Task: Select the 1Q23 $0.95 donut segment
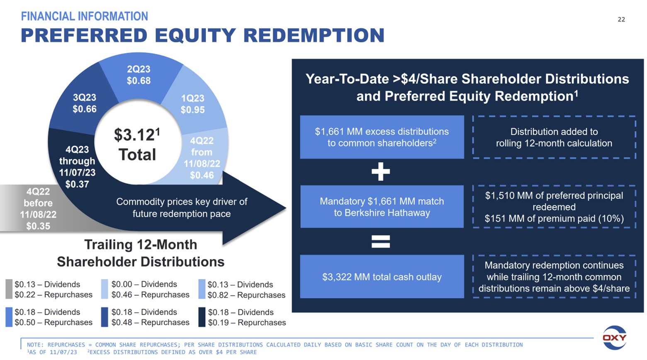point(192,104)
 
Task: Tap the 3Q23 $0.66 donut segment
point(84,103)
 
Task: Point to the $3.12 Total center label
point(137,145)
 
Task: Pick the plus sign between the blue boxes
point(381,172)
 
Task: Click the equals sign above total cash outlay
point(381,241)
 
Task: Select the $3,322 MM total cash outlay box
point(382,277)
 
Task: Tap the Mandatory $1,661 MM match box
point(382,207)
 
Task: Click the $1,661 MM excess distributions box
point(382,137)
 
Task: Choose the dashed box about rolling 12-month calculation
point(554,137)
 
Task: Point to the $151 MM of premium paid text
point(554,219)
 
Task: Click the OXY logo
point(614,337)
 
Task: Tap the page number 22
point(621,19)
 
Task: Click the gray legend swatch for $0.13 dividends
point(9,289)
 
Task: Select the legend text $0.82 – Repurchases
point(246,295)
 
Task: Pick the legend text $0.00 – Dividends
point(144,284)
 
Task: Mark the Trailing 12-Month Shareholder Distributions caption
point(140,253)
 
